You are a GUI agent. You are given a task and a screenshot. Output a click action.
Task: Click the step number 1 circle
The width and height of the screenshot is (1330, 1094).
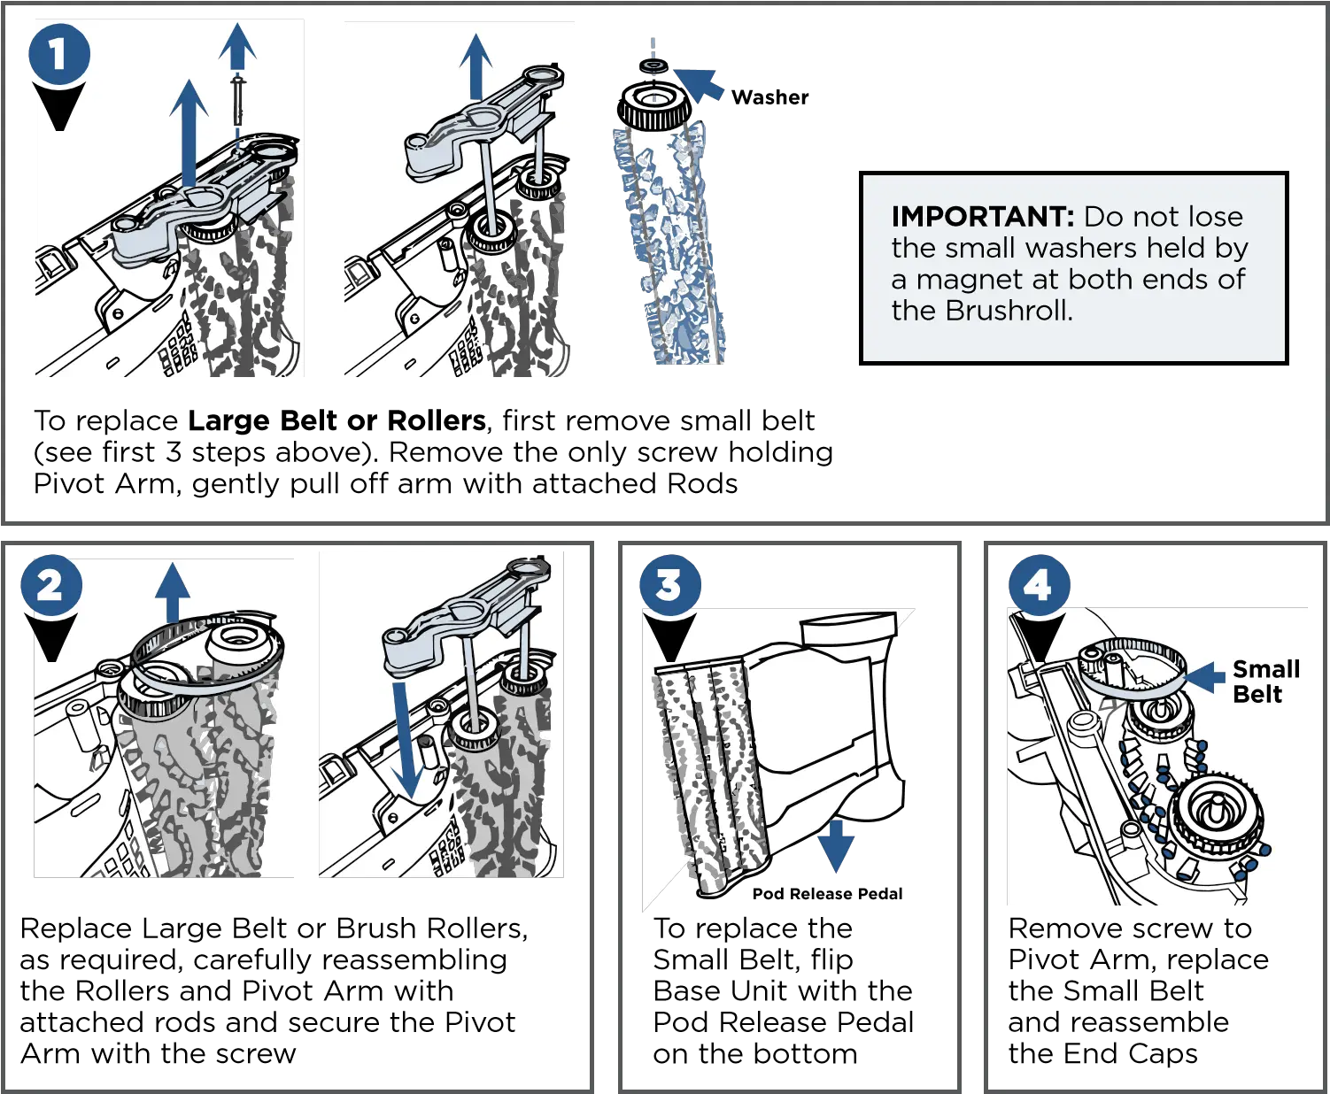(x=59, y=54)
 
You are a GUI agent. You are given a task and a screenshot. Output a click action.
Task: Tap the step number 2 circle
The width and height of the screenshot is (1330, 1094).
(x=51, y=585)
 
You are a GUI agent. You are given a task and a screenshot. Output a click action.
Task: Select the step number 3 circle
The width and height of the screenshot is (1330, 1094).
(x=669, y=585)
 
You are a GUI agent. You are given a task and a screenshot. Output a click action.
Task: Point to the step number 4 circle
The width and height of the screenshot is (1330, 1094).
(x=1039, y=585)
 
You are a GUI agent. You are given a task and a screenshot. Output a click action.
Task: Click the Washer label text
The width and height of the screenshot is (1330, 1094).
(x=769, y=97)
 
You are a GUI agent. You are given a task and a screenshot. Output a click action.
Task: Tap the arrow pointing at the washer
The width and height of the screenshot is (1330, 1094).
(x=699, y=84)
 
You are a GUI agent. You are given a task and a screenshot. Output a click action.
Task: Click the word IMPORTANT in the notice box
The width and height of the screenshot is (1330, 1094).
(x=983, y=216)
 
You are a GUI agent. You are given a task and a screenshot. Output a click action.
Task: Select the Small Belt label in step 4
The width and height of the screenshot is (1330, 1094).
(x=1265, y=682)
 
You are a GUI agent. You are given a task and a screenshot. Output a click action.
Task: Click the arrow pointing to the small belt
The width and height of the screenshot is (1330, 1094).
(x=1207, y=678)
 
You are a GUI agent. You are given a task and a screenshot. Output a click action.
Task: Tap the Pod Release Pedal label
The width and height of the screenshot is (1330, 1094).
(x=827, y=893)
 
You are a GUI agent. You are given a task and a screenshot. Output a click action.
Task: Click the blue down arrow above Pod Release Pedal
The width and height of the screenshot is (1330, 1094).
(x=836, y=846)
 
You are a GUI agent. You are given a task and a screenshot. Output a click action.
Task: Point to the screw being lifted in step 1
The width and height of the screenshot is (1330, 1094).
(x=237, y=101)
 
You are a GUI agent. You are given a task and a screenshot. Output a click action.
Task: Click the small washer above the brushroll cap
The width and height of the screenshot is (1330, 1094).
(x=653, y=65)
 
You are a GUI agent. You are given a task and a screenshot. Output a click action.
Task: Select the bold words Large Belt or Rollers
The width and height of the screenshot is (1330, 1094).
(x=336, y=420)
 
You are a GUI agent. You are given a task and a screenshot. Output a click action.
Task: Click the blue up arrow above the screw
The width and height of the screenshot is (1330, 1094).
(x=237, y=46)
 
